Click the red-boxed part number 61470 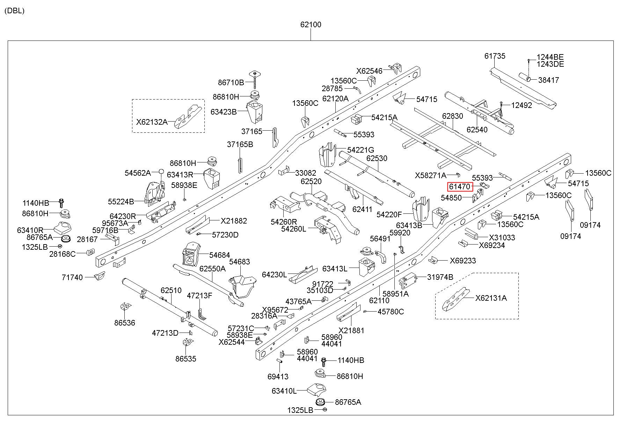click(x=460, y=187)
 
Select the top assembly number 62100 click(x=311, y=25)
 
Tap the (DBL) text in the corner click(x=15, y=10)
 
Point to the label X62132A click(x=152, y=122)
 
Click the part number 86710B click(x=231, y=83)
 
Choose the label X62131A click(x=491, y=298)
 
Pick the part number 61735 click(x=495, y=56)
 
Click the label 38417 click(x=548, y=80)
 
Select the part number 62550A click(x=212, y=269)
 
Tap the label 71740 click(x=72, y=277)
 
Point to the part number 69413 click(x=278, y=377)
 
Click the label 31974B click(x=440, y=277)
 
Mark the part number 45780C click(x=391, y=312)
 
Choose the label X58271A click(x=431, y=175)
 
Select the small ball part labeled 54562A click(x=161, y=172)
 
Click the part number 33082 click(x=306, y=173)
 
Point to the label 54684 click(x=220, y=255)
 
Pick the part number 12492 click(x=522, y=105)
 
